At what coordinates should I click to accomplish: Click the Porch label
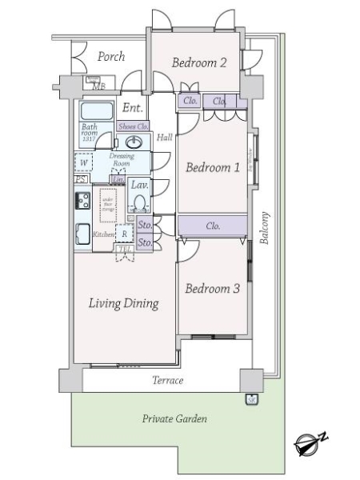(x=111, y=57)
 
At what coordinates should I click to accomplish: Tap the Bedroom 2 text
(x=199, y=63)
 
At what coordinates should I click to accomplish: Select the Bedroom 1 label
(x=213, y=168)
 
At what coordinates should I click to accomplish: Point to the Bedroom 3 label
(x=212, y=289)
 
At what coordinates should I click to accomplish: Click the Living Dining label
(x=123, y=303)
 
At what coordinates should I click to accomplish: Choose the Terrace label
(x=168, y=381)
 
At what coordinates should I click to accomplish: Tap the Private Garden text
(x=174, y=419)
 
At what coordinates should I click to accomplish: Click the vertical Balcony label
(x=263, y=227)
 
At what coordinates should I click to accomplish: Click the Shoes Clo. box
(x=133, y=126)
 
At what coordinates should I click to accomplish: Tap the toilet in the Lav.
(x=139, y=202)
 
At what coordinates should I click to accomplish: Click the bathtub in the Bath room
(x=97, y=110)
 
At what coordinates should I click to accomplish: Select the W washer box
(x=84, y=162)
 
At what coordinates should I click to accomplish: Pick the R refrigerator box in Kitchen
(x=124, y=234)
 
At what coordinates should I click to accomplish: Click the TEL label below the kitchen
(x=124, y=249)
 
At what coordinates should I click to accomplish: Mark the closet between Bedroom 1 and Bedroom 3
(x=213, y=226)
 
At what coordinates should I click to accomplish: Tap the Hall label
(x=164, y=138)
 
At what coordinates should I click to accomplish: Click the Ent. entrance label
(x=132, y=107)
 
